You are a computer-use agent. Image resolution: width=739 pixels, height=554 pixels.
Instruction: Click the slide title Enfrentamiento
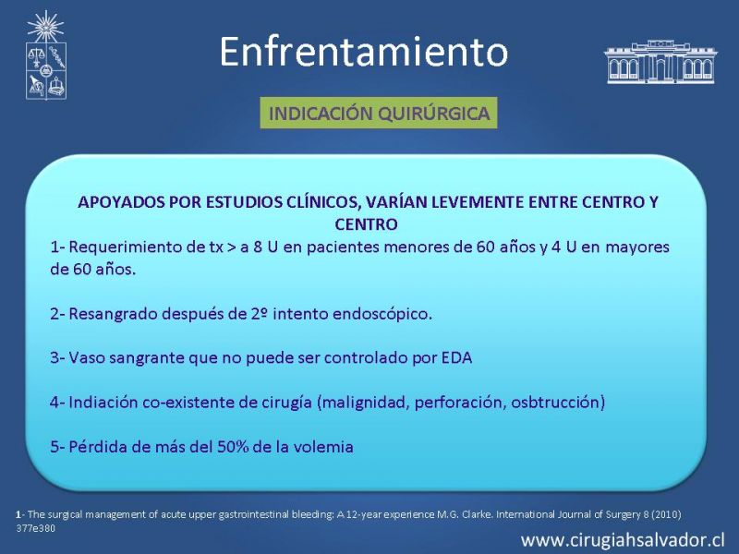[363, 51]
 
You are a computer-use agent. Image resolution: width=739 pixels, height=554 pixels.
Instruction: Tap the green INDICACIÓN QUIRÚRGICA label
[379, 113]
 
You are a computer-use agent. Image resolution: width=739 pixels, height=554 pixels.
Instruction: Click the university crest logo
[45, 55]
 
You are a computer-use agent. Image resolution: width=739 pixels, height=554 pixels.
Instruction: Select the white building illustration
[660, 62]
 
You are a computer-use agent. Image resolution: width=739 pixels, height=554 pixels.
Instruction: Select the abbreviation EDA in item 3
[456, 357]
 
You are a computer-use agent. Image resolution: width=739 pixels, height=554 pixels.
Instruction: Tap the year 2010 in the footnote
[666, 514]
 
